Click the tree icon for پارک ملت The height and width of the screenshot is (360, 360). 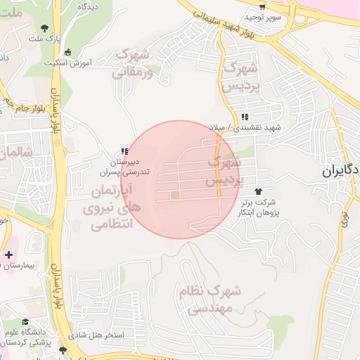click(x=46, y=28)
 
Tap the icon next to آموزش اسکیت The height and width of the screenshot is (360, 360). click(x=67, y=52)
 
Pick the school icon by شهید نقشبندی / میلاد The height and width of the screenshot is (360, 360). click(x=244, y=117)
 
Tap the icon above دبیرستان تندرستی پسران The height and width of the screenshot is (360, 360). click(x=124, y=151)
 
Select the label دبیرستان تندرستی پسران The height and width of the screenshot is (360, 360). click(x=124, y=167)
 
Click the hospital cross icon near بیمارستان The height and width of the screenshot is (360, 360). click(x=8, y=255)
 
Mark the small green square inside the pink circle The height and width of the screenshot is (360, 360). click(x=174, y=195)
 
